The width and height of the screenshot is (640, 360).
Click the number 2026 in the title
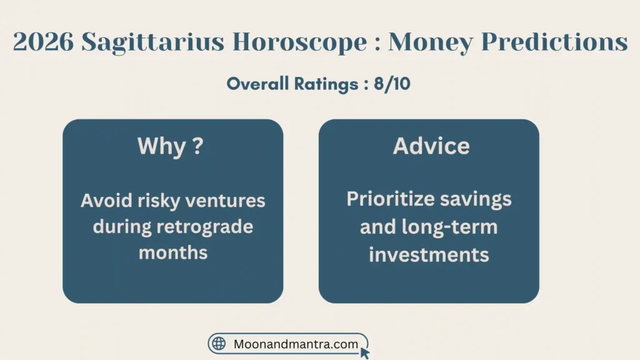point(43,42)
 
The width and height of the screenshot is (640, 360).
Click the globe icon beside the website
point(219,344)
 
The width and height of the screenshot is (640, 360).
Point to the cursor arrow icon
point(365,353)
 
